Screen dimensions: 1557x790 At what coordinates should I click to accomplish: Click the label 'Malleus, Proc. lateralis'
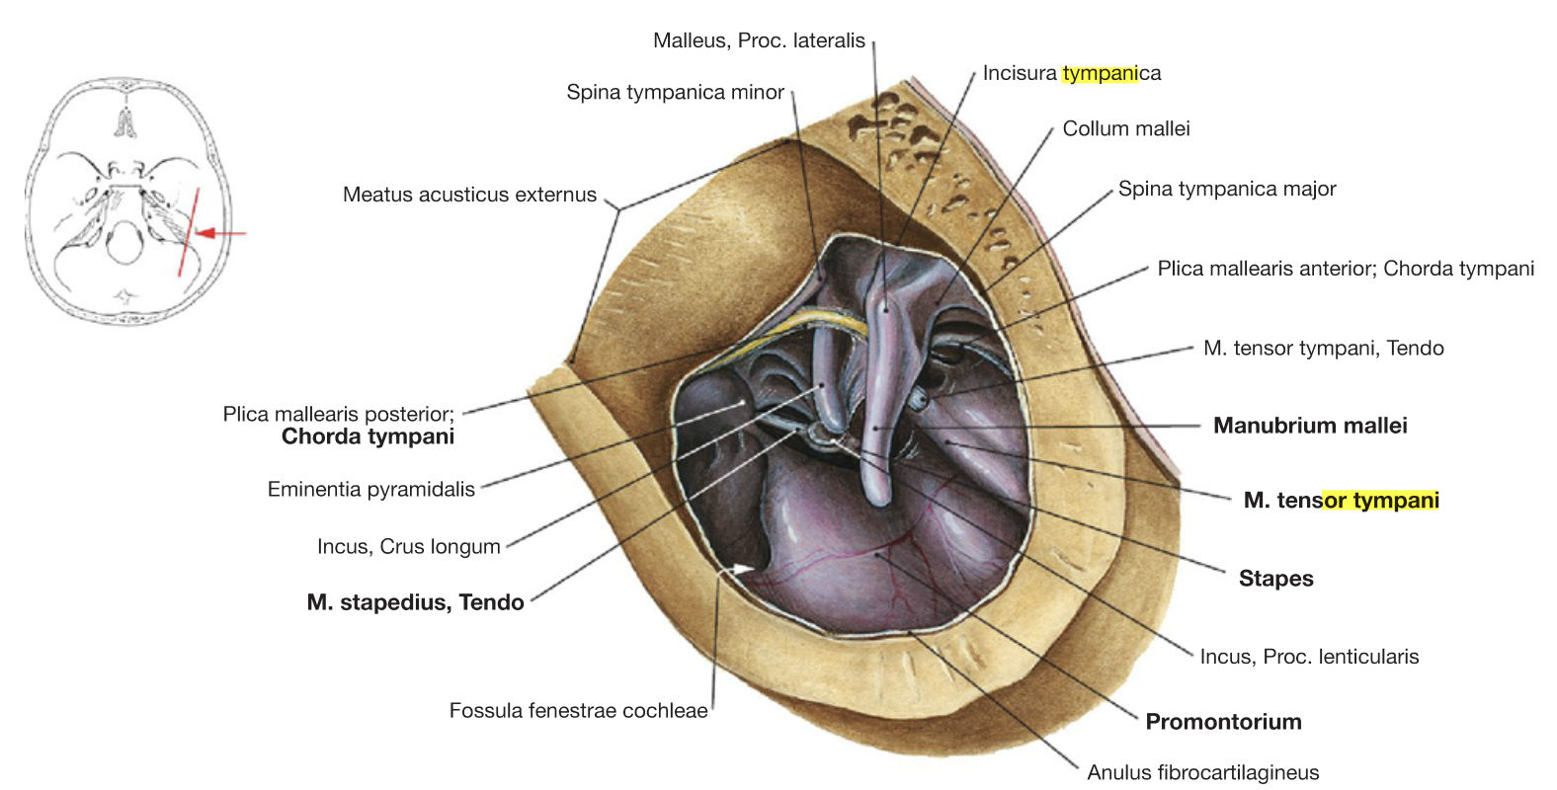point(759,40)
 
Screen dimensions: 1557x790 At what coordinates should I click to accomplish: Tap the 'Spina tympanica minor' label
point(675,92)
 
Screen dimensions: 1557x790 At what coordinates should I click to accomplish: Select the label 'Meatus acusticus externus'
point(469,194)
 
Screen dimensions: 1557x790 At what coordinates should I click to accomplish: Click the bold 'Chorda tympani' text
point(368,435)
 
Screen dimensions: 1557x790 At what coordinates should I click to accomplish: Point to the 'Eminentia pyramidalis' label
point(371,489)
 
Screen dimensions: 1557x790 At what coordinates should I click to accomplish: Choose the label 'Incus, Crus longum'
point(409,546)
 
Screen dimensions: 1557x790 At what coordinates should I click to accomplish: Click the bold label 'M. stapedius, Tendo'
point(416,601)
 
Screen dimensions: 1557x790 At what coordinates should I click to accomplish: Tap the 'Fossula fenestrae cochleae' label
point(578,710)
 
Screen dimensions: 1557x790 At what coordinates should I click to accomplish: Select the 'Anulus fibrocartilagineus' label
point(1203,772)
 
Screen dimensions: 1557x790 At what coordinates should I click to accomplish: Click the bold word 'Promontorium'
point(1223,721)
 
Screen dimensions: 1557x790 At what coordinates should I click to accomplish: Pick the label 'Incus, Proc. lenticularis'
point(1310,656)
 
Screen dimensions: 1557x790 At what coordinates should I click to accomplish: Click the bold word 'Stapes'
point(1276,578)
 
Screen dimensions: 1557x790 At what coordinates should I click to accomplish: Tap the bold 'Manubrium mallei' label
point(1310,425)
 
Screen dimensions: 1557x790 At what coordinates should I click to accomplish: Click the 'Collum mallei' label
point(1126,127)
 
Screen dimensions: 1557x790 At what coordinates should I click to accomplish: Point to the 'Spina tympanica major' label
point(1227,189)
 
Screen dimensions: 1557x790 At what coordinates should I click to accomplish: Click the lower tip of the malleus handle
point(877,502)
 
